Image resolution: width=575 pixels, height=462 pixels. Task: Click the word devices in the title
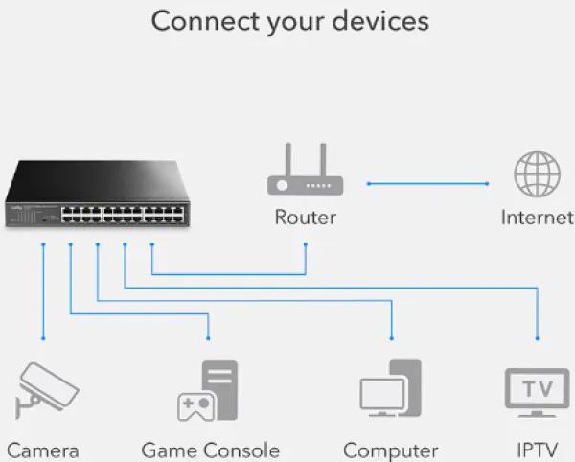(x=382, y=21)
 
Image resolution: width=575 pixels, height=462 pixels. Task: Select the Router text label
(x=305, y=218)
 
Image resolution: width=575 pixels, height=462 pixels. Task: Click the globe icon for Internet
(x=538, y=174)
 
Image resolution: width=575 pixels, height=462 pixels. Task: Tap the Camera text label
(x=42, y=450)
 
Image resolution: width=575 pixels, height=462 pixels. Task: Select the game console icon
(x=208, y=391)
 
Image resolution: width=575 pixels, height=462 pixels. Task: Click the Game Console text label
(x=210, y=450)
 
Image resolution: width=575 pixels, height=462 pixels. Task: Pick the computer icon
(x=391, y=391)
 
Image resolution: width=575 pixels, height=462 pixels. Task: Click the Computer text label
(x=390, y=450)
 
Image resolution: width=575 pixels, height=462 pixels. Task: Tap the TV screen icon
(x=537, y=390)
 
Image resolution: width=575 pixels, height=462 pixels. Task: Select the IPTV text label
(x=537, y=450)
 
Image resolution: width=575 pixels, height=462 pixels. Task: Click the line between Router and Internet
(x=427, y=182)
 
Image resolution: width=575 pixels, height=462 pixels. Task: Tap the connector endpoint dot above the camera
(x=43, y=338)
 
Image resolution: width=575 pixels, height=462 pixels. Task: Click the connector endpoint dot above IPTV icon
(x=538, y=338)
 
